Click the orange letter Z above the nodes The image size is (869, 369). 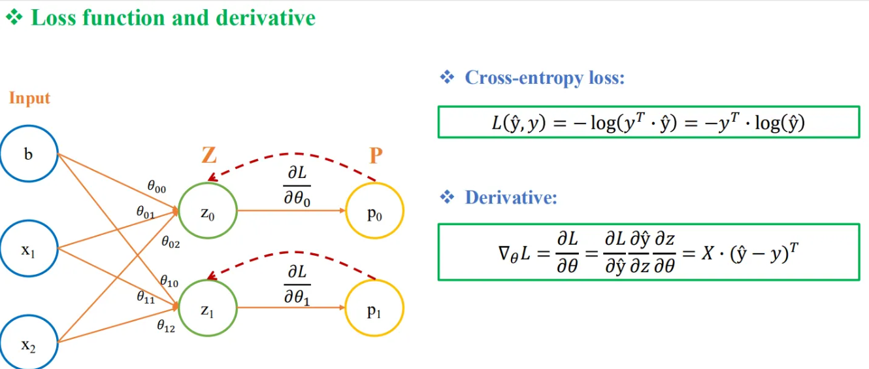coord(209,155)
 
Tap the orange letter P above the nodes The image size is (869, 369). coord(376,155)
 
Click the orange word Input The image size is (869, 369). coord(29,98)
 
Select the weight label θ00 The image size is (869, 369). coord(157,186)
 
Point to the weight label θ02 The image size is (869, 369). coord(171,242)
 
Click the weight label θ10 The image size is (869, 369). coord(169,281)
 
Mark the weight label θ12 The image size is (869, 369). coord(166,326)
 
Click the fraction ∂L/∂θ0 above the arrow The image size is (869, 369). coord(297,186)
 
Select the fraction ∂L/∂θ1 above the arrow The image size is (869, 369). coord(297,285)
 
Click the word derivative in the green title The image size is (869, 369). coord(266,18)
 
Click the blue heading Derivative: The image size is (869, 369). coord(511,198)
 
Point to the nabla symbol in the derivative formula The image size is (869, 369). coord(504,253)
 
